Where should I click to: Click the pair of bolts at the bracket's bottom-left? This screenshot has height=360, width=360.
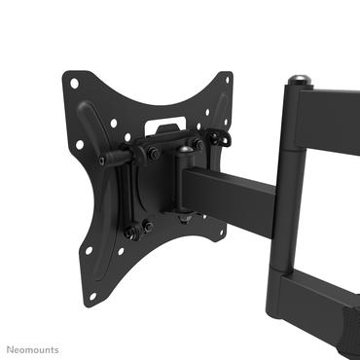(138, 230)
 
